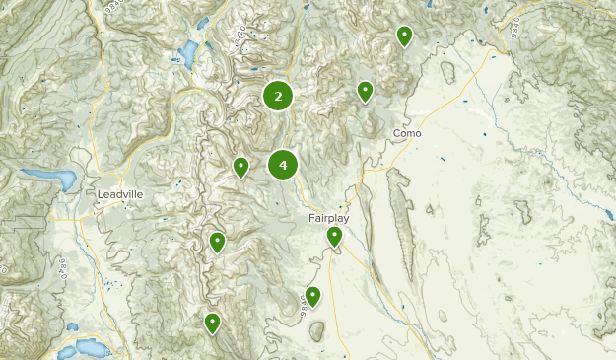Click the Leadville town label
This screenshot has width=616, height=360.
click(120, 194)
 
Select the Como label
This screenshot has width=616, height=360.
click(407, 133)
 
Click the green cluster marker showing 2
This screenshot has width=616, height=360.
click(279, 96)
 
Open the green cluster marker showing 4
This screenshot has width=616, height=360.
click(283, 165)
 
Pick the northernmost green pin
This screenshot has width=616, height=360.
click(404, 36)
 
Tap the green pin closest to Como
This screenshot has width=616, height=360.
click(365, 92)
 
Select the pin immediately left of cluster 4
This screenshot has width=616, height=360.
click(240, 167)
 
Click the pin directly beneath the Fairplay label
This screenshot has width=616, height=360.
click(335, 236)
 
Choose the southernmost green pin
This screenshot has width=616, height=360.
click(212, 323)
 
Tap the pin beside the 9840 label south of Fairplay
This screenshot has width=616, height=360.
click(312, 296)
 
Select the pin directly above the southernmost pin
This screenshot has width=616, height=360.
click(218, 241)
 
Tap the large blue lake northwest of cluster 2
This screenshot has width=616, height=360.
click(187, 54)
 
